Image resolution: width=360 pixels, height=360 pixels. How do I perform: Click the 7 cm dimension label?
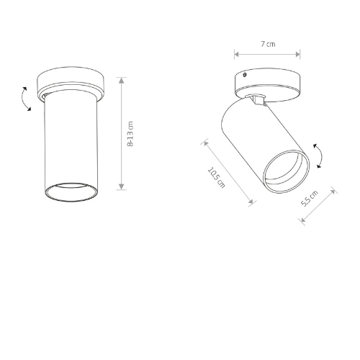pos(268,44)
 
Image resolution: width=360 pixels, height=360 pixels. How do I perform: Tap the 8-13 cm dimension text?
pos(130,134)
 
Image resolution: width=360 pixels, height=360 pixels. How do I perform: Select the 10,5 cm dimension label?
pos(216,177)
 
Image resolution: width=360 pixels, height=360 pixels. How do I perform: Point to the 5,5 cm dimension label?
pos(310,198)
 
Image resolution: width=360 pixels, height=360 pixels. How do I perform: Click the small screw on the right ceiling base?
pos(245,75)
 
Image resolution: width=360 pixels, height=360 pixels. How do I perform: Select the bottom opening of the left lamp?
pos(71,192)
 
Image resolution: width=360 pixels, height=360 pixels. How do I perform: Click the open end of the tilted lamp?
pos(287,171)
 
